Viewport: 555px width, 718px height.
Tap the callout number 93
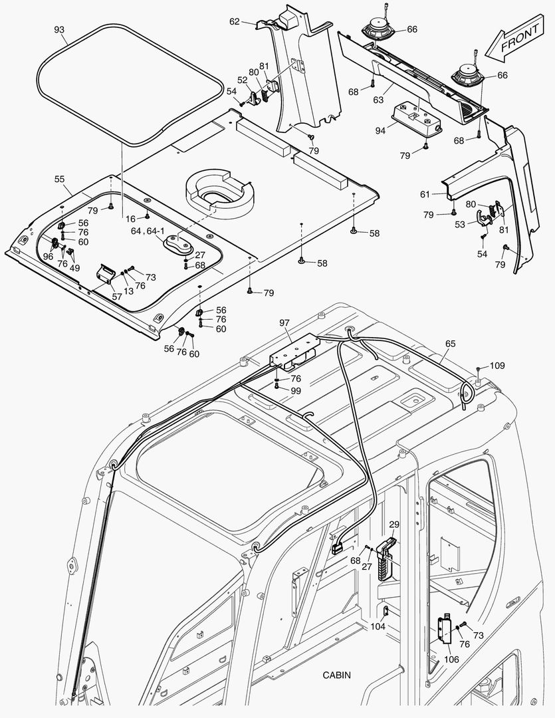(59, 30)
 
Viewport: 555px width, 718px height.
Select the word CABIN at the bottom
(337, 675)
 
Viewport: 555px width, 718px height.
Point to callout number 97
(284, 322)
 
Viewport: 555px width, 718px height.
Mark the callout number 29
(394, 525)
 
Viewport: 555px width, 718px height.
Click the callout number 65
(451, 344)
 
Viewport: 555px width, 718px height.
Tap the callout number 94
(380, 130)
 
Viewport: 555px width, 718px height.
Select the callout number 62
(235, 21)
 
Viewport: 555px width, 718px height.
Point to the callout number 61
(425, 194)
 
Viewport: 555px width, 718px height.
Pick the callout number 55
(59, 179)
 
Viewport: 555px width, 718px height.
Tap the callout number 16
(131, 217)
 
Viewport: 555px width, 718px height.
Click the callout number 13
(128, 291)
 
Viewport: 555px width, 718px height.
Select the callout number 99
(296, 391)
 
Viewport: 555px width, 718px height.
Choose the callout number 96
(48, 256)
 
